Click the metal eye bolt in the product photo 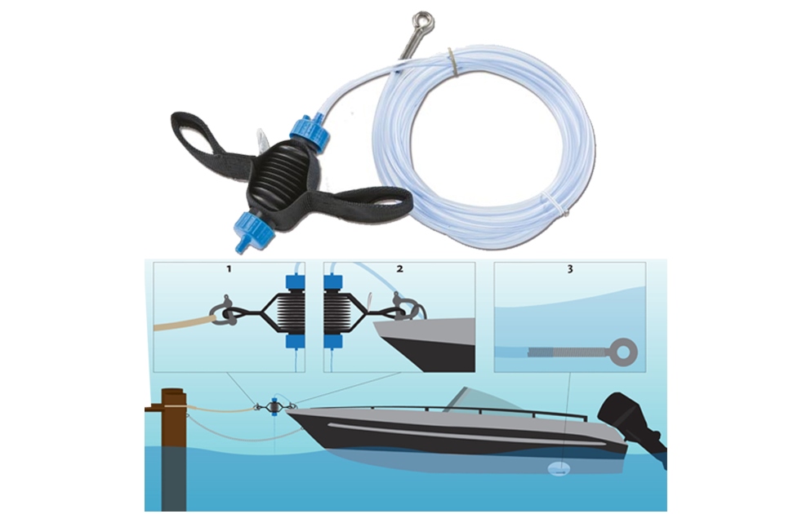coord(417,33)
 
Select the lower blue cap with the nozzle coord(254,230)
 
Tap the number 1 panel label coord(229,269)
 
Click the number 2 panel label coord(400,269)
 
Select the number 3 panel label coord(570,269)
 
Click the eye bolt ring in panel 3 coord(623,352)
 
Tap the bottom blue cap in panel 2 coord(333,341)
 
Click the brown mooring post coord(174,449)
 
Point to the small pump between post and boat coord(274,407)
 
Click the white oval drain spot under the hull coord(559,468)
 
